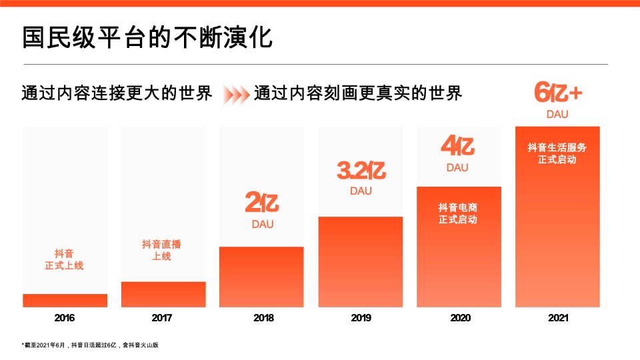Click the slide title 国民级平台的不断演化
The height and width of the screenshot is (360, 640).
pyautogui.click(x=147, y=37)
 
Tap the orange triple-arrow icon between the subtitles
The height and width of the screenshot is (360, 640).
pyautogui.click(x=235, y=94)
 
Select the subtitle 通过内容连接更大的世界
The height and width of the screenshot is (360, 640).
pyautogui.click(x=117, y=93)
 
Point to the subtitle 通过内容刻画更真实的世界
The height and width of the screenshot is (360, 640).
pyautogui.click(x=358, y=93)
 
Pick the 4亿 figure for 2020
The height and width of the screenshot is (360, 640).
pyautogui.click(x=457, y=146)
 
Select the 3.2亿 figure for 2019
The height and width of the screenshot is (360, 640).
pyautogui.click(x=361, y=171)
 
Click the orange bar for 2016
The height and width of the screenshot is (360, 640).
pyautogui.click(x=65, y=301)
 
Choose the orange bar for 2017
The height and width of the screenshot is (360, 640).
pyautogui.click(x=163, y=294)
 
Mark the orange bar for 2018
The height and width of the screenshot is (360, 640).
pyautogui.click(x=261, y=277)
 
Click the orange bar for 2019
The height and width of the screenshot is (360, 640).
pyautogui.click(x=360, y=262)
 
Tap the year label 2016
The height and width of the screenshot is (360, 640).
pyautogui.click(x=65, y=318)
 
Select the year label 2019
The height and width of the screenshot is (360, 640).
pyautogui.click(x=361, y=318)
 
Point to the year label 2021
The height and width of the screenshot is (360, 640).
pyautogui.click(x=557, y=318)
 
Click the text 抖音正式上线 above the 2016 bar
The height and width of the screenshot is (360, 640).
pyautogui.click(x=65, y=259)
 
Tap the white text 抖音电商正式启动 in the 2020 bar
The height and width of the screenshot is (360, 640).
pyautogui.click(x=457, y=213)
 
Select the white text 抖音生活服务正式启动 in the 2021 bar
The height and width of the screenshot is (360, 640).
pyautogui.click(x=557, y=153)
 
